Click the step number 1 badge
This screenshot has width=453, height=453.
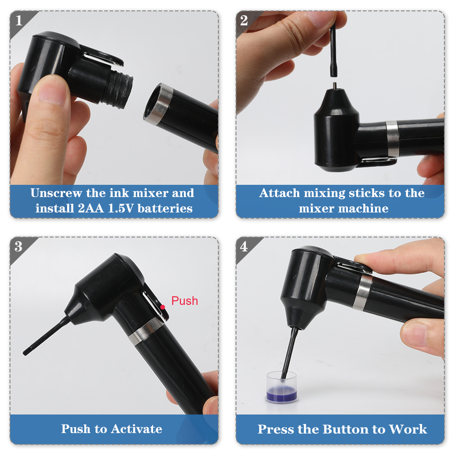point(19,20)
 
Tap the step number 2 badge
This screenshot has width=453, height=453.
point(244,20)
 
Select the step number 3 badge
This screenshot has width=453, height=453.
point(19,246)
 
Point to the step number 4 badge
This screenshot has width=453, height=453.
point(244,246)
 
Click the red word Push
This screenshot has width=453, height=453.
point(185,301)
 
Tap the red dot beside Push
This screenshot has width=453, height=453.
point(163,307)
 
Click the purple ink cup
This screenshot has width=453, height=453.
point(282,387)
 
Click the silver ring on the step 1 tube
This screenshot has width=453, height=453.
point(158,104)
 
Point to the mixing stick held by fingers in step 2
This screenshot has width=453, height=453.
point(333,51)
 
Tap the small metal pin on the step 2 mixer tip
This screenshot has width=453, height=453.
point(335,86)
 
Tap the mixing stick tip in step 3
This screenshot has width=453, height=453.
point(25,352)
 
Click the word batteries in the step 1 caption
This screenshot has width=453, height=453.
point(165,208)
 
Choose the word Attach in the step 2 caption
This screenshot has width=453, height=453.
point(280,193)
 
